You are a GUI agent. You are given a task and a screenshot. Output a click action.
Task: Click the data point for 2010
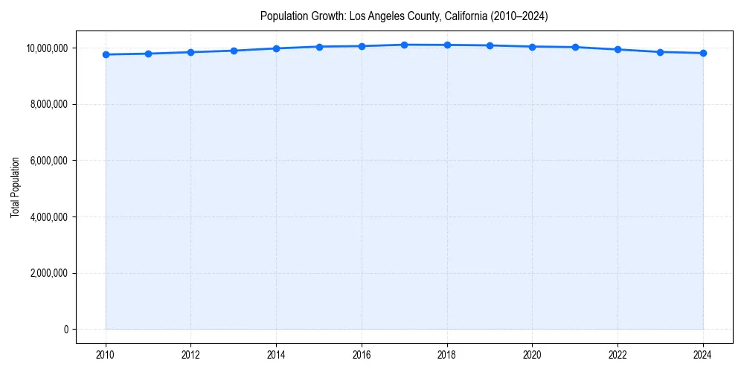[106, 54]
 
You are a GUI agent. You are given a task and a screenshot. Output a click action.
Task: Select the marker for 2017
[404, 45]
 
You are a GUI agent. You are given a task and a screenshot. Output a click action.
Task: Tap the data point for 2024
[703, 53]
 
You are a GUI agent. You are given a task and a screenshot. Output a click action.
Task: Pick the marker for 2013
[234, 51]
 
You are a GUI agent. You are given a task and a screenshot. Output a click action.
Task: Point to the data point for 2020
[532, 46]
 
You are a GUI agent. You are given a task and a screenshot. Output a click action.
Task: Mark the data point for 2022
[618, 49]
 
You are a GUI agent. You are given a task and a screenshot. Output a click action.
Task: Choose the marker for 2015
[319, 47]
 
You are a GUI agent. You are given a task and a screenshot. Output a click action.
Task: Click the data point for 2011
[148, 54]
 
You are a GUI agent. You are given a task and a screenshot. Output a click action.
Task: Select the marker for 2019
[490, 45]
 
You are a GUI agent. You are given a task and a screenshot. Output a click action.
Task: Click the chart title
[404, 16]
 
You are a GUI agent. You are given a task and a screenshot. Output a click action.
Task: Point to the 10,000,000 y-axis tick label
[45, 48]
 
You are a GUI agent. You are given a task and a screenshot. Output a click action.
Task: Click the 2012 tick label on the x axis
[191, 355]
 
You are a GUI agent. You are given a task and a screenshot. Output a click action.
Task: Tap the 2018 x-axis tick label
[447, 355]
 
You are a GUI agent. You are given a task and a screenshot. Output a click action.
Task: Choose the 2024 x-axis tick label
[703, 355]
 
